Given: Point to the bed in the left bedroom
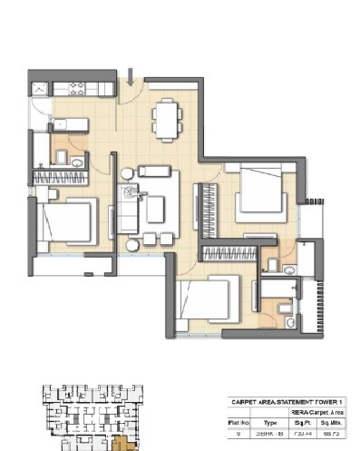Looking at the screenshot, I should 69,221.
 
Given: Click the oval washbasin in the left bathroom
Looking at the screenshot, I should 79,162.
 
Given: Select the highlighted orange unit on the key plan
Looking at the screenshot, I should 121,443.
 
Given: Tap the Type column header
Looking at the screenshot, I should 269,422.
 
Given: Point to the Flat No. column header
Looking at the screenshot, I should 238,422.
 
